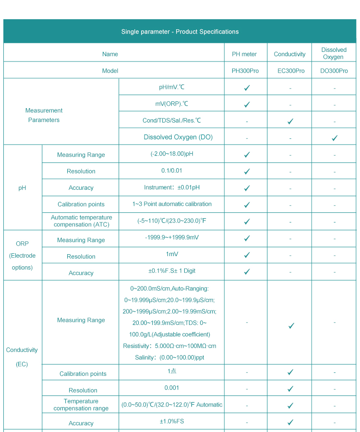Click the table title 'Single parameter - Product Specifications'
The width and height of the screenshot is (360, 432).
click(180, 32)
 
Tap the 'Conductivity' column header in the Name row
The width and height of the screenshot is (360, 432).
click(289, 54)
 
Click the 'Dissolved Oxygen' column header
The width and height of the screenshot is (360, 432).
click(334, 53)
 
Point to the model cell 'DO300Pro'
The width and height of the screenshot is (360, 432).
click(334, 71)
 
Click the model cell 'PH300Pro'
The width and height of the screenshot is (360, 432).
click(245, 71)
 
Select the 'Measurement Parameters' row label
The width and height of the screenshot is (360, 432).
click(44, 115)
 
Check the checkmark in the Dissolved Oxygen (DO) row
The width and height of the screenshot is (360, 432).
click(335, 138)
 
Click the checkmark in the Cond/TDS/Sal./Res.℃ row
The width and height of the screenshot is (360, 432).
click(290, 122)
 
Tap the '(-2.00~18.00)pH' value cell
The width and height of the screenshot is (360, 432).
click(171, 154)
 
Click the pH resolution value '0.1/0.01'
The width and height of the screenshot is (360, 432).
click(171, 171)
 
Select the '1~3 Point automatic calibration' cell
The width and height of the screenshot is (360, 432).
click(172, 204)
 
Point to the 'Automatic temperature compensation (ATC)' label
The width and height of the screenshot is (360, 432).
click(82, 221)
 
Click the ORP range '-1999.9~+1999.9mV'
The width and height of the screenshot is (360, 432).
click(172, 237)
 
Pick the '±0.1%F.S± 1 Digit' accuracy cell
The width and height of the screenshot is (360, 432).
click(172, 271)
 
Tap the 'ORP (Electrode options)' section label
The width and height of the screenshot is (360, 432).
click(22, 256)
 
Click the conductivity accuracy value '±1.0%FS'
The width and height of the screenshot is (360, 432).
click(171, 421)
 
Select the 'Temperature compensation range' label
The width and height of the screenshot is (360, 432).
click(81, 405)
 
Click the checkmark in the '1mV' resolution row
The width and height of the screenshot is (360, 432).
click(247, 255)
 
